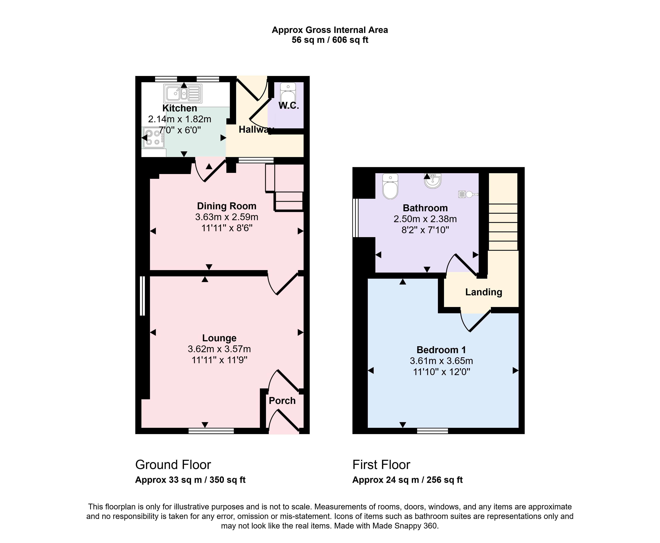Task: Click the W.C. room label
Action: click(289, 106)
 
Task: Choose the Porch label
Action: click(282, 401)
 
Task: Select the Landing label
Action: click(484, 292)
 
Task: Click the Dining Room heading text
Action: click(227, 206)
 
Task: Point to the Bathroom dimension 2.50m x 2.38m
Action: click(425, 219)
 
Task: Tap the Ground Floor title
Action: click(173, 465)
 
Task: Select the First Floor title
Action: click(381, 465)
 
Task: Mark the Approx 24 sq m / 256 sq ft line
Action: click(408, 480)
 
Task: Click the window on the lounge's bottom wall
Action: click(211, 431)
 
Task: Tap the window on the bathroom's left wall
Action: click(355, 218)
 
